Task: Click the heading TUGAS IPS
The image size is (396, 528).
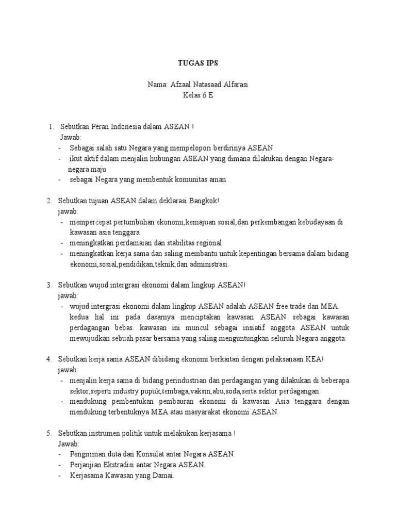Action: pyautogui.click(x=197, y=63)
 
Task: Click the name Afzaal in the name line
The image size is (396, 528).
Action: pyautogui.click(x=179, y=85)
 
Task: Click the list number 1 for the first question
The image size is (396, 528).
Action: pyautogui.click(x=51, y=126)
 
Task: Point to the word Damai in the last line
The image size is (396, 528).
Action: pyautogui.click(x=163, y=475)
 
